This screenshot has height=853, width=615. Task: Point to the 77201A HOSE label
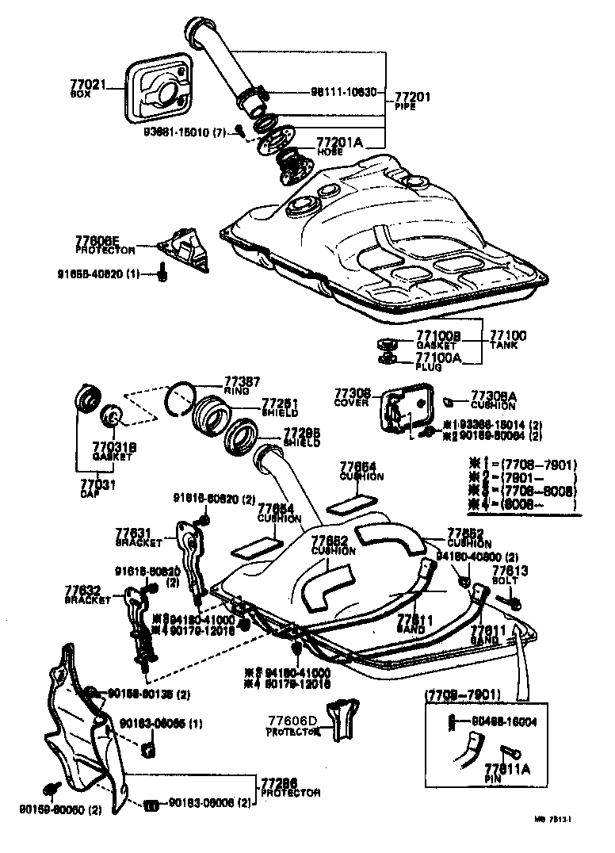[340, 146]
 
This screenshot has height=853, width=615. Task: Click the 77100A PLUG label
[437, 361]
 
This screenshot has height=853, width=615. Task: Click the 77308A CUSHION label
[494, 398]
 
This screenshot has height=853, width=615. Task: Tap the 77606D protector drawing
[344, 718]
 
